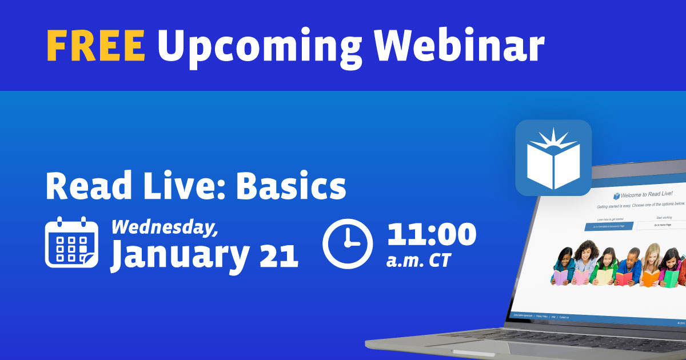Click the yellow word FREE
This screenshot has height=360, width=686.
pyautogui.click(x=95, y=45)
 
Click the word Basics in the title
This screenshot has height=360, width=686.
pyautogui.click(x=291, y=186)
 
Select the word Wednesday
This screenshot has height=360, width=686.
pyautogui.click(x=165, y=227)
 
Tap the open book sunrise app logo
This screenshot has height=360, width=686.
pyautogui.click(x=553, y=158)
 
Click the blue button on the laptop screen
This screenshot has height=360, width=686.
pyautogui.click(x=608, y=226)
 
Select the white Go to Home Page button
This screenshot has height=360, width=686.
pyautogui.click(x=662, y=226)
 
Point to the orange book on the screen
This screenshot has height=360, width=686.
pyautogui.click(x=649, y=278)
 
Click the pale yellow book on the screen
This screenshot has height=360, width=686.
pyautogui.click(x=603, y=277)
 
